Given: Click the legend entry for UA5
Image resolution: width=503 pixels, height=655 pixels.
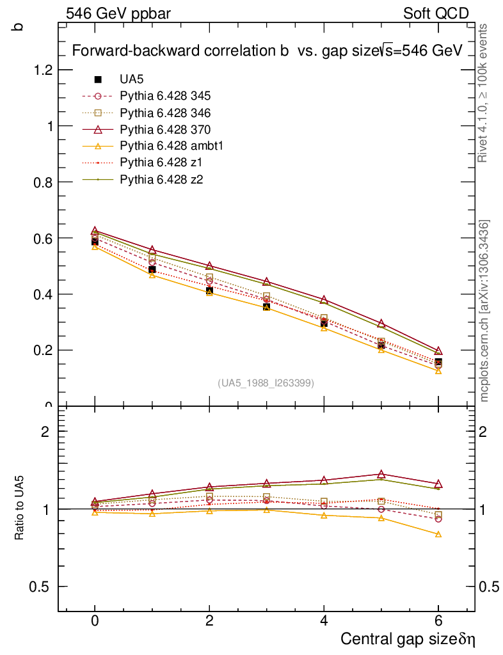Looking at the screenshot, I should click(x=132, y=79).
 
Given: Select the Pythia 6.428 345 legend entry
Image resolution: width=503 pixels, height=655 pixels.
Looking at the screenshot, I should click(x=165, y=96).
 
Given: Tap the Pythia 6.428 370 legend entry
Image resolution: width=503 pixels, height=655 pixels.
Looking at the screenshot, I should click(x=165, y=129).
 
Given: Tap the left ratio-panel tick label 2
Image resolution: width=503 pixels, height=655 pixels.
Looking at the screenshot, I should click(x=45, y=431).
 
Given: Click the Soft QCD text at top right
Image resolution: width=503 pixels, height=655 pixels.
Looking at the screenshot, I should click(x=436, y=13).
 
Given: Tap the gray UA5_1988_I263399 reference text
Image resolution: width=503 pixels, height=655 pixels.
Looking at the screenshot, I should click(x=266, y=383).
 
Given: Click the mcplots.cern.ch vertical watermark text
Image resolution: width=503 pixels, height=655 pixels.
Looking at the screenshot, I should click(x=485, y=311).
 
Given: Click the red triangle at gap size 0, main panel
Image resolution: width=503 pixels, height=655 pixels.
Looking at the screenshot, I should click(x=95, y=231).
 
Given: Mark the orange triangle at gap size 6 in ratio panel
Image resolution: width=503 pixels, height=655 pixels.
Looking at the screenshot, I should click(x=438, y=534).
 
